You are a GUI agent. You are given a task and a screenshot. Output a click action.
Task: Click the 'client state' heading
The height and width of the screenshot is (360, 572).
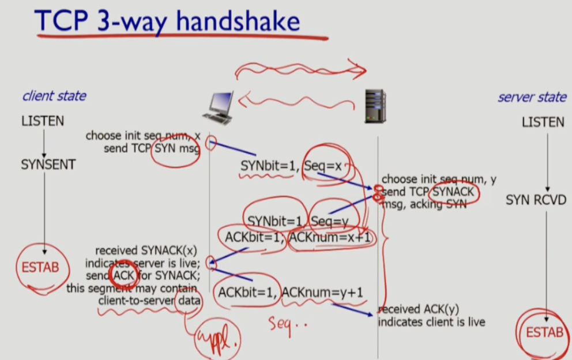tap(54, 96)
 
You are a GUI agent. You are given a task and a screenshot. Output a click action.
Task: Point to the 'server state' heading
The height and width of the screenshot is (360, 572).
tap(532, 97)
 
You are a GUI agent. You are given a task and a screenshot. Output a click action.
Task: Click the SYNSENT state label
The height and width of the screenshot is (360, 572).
tap(48, 164)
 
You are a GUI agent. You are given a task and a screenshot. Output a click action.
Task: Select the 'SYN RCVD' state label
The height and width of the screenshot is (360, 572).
tap(536, 200)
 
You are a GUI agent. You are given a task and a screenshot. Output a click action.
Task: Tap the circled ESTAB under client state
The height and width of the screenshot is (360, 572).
tap(40, 267)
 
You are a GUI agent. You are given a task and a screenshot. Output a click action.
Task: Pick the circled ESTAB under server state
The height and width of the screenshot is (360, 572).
tap(544, 332)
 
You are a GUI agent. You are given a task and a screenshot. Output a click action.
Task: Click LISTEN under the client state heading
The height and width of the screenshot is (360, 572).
tap(43, 121)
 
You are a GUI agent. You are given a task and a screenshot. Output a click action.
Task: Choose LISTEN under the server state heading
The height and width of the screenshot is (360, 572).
tap(543, 122)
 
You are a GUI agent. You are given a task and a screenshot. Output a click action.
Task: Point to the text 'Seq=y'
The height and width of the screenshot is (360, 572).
tap(332, 221)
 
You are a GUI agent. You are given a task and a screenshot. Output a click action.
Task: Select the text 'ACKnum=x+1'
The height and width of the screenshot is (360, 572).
tap(330, 237)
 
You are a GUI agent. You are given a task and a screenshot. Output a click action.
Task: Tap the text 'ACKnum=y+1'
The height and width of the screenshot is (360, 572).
tap(322, 292)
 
